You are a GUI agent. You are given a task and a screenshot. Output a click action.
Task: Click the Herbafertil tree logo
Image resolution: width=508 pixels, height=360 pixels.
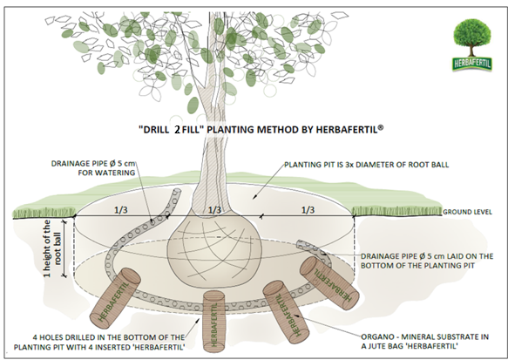coord(472,44)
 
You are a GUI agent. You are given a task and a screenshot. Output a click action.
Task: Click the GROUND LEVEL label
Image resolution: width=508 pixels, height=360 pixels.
coord(467,212)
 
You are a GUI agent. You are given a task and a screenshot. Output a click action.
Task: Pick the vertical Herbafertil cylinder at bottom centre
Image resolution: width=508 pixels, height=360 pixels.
coord(213,322)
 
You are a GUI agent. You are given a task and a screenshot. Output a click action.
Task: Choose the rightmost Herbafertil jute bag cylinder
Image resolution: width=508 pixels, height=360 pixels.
coord(329,280)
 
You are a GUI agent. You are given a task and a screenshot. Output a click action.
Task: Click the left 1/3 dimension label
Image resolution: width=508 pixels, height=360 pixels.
coord(121,210)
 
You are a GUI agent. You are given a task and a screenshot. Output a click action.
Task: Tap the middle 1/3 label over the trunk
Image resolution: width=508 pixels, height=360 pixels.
coord(214,210)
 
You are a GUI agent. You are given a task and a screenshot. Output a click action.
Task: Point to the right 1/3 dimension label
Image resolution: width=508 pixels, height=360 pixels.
coord(308,210)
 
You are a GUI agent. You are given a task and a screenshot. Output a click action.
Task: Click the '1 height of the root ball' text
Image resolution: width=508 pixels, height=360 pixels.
coord(52,248)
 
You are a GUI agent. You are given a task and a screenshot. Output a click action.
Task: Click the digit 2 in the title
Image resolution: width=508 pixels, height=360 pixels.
coord(177,130)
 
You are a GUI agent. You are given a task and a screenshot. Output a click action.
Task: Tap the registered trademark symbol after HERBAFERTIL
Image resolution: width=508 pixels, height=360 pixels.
coord(381,127)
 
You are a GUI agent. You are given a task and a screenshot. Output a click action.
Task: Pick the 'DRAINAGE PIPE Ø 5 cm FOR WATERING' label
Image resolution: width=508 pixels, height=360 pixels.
coord(93,168)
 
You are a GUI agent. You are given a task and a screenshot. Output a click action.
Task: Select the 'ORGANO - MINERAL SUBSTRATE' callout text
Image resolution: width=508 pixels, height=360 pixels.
coord(424,342)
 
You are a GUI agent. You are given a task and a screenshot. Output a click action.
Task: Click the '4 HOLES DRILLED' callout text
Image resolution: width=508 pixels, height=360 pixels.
coord(99,343)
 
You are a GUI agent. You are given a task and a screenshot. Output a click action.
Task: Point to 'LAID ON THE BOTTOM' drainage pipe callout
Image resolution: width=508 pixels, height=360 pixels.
coord(427,261)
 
